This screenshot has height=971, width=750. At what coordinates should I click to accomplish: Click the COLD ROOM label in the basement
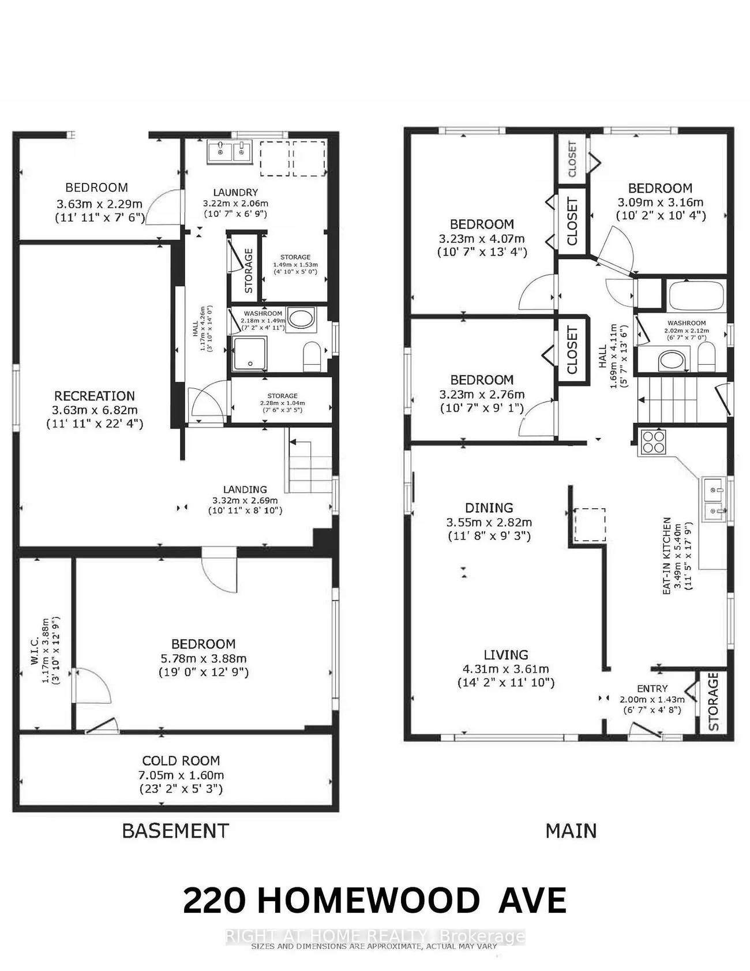click(x=181, y=760)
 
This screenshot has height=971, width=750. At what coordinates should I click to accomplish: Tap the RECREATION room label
click(x=95, y=396)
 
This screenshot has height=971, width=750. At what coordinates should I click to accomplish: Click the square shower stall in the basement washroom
click(x=250, y=354)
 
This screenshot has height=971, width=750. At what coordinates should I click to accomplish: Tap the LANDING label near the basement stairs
click(x=245, y=489)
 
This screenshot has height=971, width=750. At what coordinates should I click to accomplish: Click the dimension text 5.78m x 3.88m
click(x=203, y=658)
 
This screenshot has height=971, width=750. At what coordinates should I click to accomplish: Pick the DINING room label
click(x=489, y=508)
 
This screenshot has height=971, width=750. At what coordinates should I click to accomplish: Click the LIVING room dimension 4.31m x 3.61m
click(x=505, y=669)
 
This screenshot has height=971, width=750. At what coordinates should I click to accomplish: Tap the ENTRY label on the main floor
click(x=652, y=688)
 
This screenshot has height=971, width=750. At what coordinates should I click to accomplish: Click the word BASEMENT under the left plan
click(x=175, y=831)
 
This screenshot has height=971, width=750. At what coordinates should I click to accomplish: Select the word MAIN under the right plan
click(x=571, y=831)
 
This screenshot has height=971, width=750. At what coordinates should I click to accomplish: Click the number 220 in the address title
click(x=214, y=901)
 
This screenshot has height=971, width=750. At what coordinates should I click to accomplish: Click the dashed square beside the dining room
click(x=589, y=524)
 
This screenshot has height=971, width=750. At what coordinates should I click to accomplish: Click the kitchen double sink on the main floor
click(x=715, y=500)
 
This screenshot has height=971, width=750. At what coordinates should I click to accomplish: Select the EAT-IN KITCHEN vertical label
click(x=667, y=555)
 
